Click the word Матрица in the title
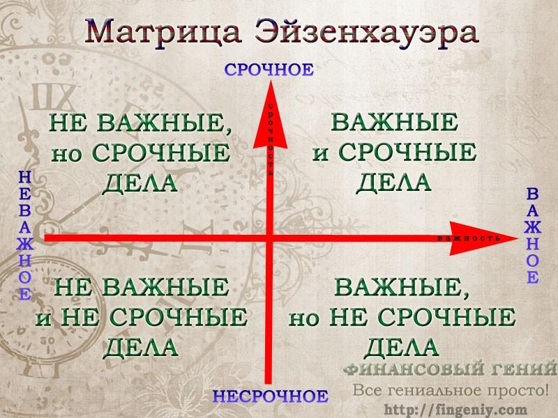point(163,33)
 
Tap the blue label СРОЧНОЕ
point(269,69)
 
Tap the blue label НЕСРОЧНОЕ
point(271,396)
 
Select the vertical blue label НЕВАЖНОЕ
point(25,235)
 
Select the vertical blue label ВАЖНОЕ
point(532,236)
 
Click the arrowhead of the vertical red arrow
point(270,114)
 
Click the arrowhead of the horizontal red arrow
point(484,238)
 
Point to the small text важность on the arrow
point(469,238)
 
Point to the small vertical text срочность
point(271,139)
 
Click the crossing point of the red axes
point(269,238)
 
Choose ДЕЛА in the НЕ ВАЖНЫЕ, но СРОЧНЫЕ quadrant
point(139,184)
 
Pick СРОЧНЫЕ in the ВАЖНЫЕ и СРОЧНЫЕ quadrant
point(407,152)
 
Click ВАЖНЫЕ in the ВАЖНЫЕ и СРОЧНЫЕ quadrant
point(394,122)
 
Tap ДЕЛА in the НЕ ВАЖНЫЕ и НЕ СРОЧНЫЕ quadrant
point(140,347)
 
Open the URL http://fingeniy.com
point(455,410)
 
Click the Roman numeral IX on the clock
point(53,97)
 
